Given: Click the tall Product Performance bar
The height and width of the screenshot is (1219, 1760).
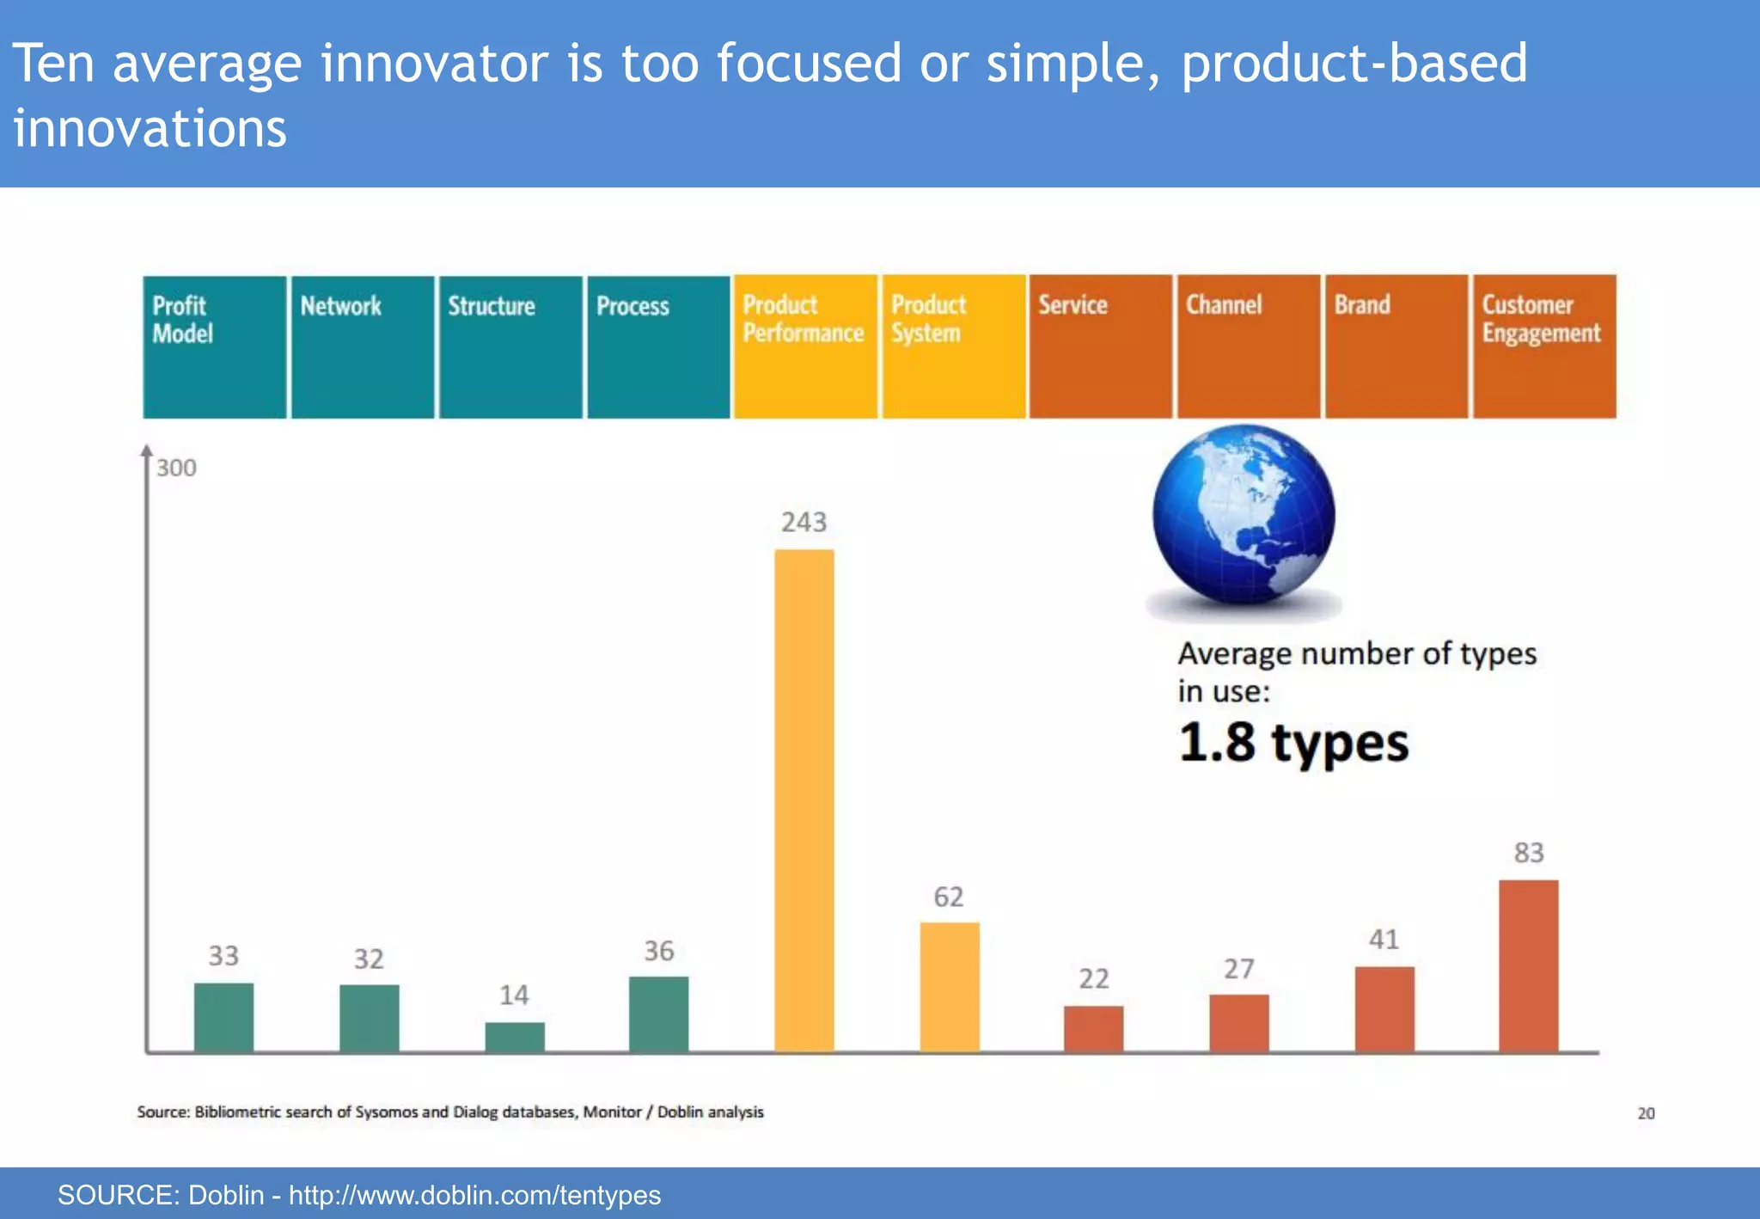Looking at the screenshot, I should [x=804, y=799].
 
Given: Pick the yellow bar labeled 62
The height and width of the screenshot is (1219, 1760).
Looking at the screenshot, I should [x=949, y=986].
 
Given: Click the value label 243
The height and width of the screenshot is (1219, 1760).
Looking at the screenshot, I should [x=804, y=522].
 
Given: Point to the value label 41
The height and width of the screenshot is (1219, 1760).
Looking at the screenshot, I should [x=1384, y=939].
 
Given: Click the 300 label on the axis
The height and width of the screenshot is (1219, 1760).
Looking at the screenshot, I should [x=176, y=468].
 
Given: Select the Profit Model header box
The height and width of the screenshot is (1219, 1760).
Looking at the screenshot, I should [x=214, y=346].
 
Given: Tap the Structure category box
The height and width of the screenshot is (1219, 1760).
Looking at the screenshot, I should [x=510, y=346].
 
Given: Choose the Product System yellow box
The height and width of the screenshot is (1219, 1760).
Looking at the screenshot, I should [x=953, y=346].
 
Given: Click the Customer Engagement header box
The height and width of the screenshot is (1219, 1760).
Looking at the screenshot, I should [x=1544, y=346].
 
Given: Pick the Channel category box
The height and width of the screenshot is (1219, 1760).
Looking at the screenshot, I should [x=1248, y=346].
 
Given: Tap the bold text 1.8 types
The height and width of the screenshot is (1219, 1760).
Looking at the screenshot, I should [x=1292, y=742].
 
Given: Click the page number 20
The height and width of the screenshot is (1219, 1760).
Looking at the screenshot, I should [x=1645, y=1113].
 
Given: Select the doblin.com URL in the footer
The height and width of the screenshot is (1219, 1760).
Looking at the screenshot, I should [x=474, y=1195].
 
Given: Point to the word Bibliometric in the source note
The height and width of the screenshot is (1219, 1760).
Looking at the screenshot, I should [x=237, y=1112].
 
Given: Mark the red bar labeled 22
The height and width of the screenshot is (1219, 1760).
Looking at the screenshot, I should [x=1093, y=1028].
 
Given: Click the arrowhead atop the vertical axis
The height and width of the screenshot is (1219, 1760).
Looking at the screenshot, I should [x=147, y=451].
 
